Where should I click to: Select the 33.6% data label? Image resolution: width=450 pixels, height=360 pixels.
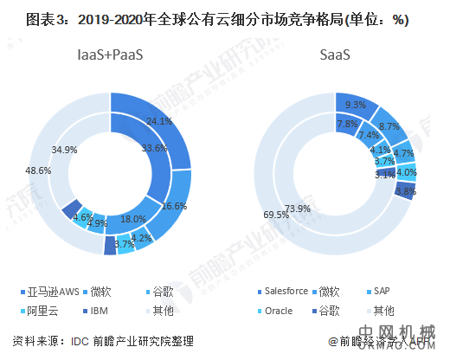click(154, 149)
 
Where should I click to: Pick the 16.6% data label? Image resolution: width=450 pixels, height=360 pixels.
click(174, 206)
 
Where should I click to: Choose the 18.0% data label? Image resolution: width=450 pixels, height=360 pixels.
click(132, 220)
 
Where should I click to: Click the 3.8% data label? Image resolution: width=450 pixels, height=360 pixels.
click(404, 190)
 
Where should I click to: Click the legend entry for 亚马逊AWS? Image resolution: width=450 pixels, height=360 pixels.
click(55, 291)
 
